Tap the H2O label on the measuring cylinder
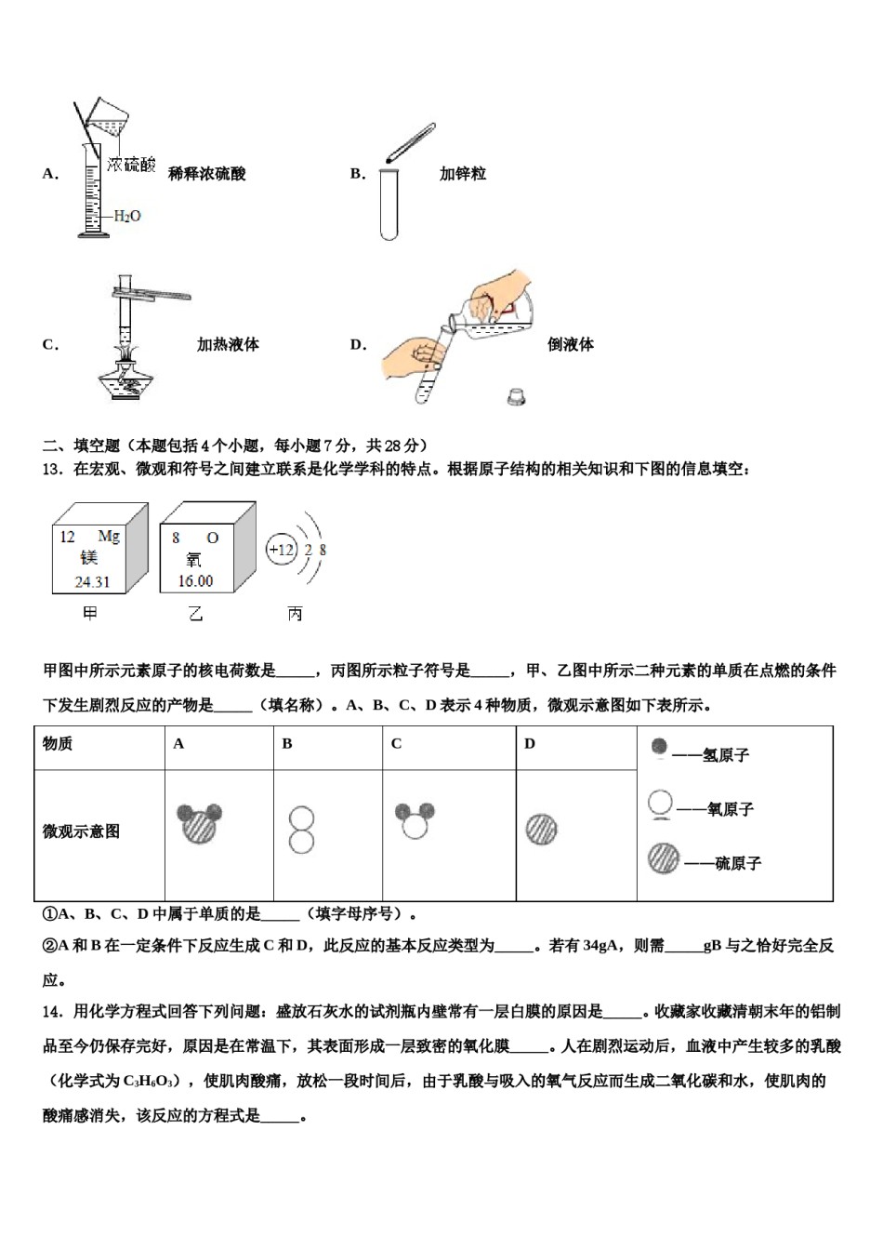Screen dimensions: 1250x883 point(126,216)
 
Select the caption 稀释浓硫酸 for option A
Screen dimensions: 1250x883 point(207,174)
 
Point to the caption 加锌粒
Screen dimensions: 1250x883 point(462,174)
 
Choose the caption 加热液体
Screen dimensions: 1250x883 point(228,345)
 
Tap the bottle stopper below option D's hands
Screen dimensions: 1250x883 point(516,397)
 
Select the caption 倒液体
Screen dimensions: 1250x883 point(570,345)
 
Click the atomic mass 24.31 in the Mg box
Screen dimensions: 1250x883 point(92,582)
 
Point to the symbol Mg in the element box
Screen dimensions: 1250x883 point(109,537)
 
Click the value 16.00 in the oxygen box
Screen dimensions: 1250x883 point(195,581)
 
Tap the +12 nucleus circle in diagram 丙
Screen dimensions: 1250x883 point(281,550)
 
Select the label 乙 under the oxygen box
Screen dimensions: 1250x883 point(195,614)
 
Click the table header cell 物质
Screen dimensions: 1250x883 point(58,744)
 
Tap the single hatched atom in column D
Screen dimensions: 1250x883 point(541,829)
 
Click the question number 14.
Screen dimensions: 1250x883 point(52,1012)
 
